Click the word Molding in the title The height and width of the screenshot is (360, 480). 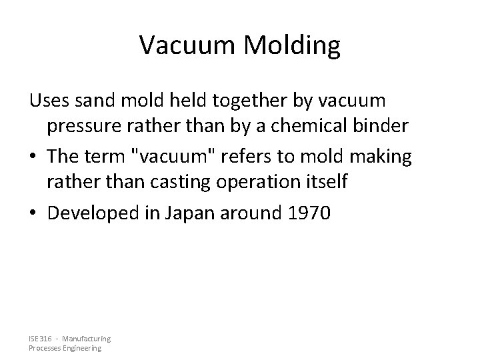click(295, 45)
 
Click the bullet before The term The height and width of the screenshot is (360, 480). click(33, 156)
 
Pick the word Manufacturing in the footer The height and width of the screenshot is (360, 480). click(87, 339)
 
